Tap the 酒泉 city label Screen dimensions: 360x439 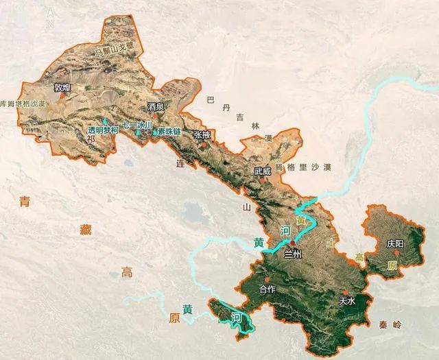156,107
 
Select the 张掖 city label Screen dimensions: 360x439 202,135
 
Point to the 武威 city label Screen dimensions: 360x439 262,172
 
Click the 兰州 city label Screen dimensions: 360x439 294,254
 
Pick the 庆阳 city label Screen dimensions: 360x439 395,243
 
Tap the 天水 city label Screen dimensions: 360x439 347,301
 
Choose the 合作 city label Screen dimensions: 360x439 268,289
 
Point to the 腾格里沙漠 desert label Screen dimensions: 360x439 302,167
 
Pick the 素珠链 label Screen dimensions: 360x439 169,131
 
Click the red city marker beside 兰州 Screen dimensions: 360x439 293,243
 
